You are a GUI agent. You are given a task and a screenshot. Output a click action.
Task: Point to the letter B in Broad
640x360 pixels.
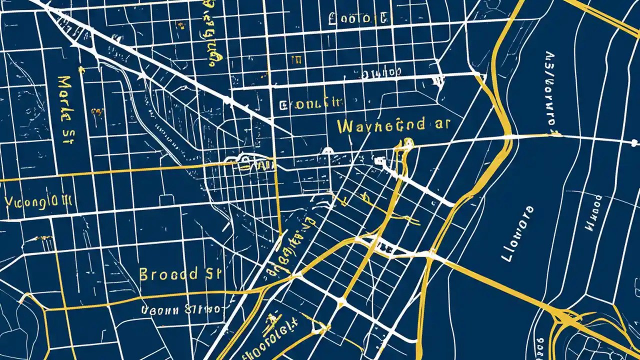coord(144,274)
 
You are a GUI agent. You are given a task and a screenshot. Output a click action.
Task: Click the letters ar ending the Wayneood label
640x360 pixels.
coord(442,124)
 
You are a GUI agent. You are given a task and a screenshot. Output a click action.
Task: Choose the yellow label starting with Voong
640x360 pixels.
coord(38,202)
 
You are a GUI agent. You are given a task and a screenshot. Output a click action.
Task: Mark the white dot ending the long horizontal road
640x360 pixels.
coord(635,142)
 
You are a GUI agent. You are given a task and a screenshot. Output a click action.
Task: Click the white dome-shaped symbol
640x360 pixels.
coord(327,150)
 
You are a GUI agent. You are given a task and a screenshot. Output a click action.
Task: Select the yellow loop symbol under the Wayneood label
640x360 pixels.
coord(405,143)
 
